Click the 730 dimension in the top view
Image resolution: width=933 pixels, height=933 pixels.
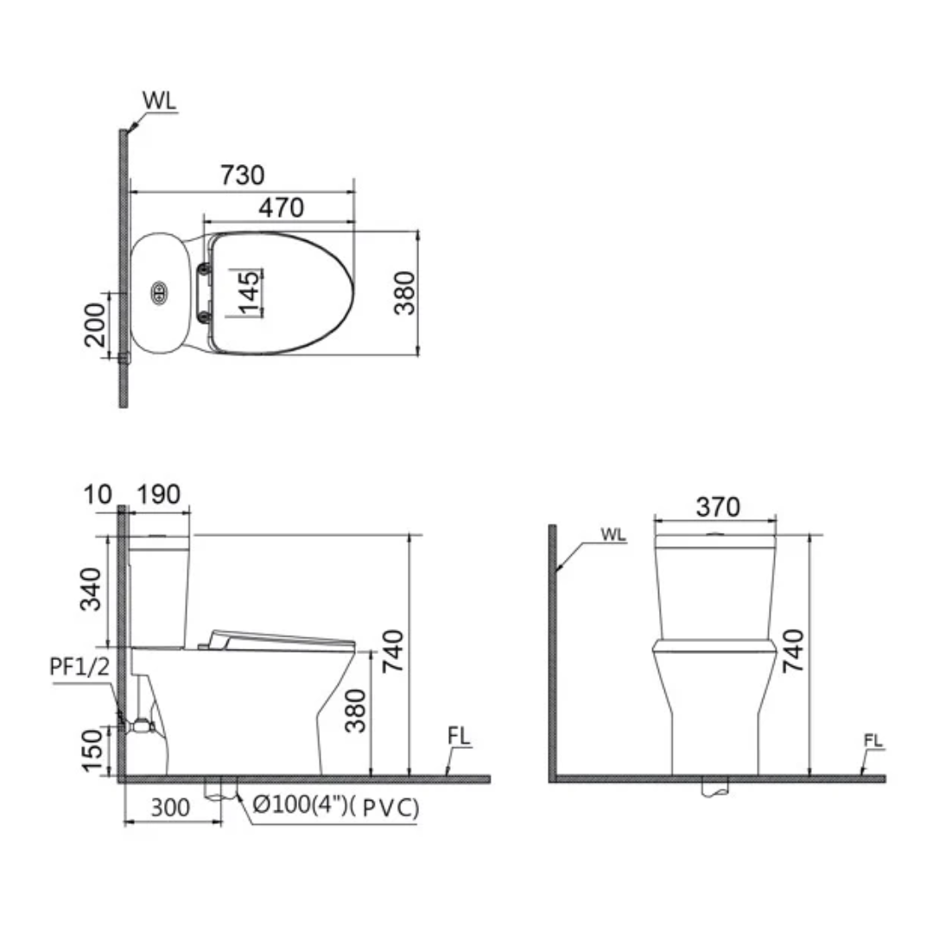(241, 175)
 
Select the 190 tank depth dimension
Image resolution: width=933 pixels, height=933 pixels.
(159, 495)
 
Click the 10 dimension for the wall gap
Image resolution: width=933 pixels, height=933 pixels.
(100, 495)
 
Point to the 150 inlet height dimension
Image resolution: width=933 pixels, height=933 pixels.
(92, 751)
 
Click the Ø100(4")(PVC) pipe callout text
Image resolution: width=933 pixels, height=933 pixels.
(336, 808)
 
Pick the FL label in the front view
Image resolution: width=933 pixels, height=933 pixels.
(874, 740)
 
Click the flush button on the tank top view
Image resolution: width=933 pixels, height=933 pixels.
(159, 293)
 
